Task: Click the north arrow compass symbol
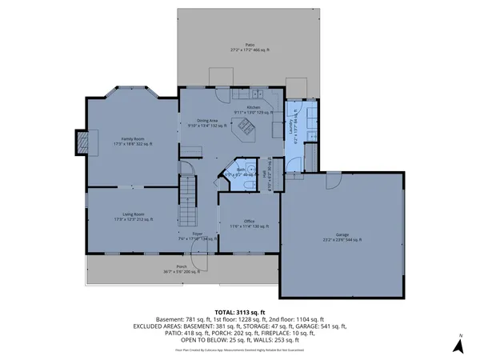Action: pyautogui.click(x=458, y=346)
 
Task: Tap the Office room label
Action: pyautogui.click(x=250, y=224)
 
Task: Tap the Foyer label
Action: pyautogui.click(x=196, y=235)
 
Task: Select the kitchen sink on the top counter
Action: pyautogui.click(x=246, y=95)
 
